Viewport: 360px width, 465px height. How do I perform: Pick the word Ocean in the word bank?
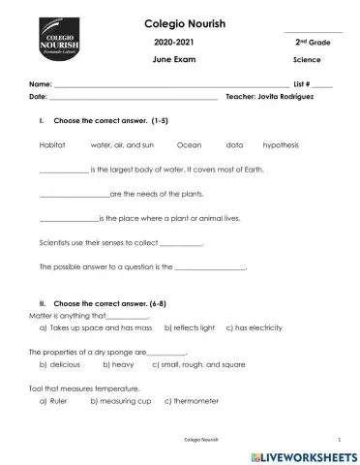189,143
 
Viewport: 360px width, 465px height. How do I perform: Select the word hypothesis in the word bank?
281,143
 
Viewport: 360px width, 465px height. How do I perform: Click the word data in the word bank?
234,143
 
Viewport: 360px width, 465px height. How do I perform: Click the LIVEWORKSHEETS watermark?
303,452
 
